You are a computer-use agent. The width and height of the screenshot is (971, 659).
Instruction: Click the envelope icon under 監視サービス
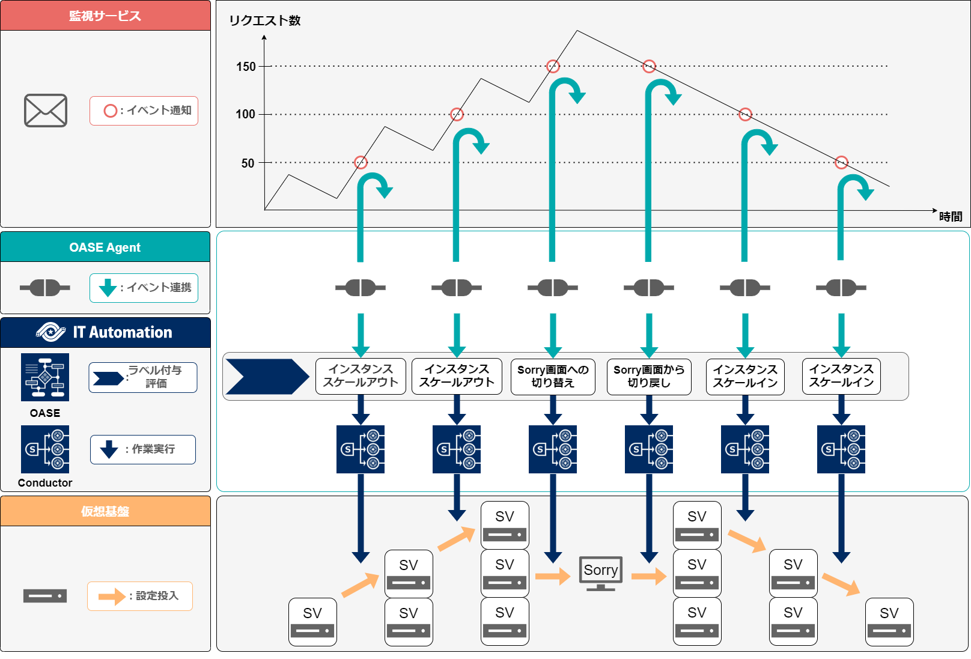point(46,111)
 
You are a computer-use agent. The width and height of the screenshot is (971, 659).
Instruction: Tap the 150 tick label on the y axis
point(246,67)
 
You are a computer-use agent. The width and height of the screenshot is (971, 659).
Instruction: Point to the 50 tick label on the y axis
point(248,163)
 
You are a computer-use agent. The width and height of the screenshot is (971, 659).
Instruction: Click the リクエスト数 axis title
point(264,20)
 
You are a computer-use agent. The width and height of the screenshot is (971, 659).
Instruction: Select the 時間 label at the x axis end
point(951,216)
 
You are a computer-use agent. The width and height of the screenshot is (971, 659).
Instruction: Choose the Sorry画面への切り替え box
point(553,377)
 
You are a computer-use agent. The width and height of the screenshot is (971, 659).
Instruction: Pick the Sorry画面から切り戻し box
point(649,377)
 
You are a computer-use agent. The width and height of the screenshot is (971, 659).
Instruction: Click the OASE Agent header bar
point(105,247)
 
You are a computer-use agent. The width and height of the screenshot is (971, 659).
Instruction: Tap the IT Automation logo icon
point(51,332)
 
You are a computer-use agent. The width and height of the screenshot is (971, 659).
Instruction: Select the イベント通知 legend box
point(144,111)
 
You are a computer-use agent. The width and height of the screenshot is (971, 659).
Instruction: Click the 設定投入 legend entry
point(139,596)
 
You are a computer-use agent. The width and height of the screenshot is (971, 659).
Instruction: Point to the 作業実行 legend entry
point(143,449)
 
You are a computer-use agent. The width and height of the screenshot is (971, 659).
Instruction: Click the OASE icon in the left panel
point(45,377)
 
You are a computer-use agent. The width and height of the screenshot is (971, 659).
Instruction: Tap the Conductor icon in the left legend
point(45,449)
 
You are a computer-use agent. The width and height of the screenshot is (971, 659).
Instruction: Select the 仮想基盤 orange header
point(105,511)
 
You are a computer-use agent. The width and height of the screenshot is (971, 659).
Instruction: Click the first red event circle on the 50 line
point(361,162)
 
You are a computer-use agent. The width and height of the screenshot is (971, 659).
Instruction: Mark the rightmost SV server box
point(889,622)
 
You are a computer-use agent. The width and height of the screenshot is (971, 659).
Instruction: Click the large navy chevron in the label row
point(267,377)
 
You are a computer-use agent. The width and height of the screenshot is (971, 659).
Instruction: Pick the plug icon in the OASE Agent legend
point(45,288)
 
